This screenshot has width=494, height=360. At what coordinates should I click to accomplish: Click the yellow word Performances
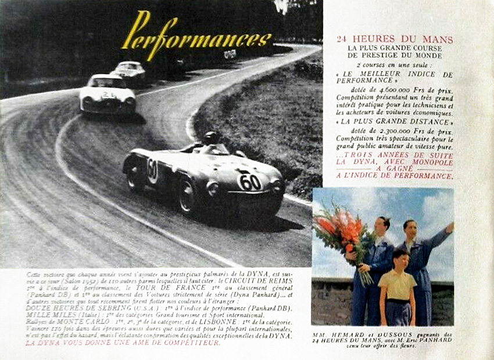[196, 37]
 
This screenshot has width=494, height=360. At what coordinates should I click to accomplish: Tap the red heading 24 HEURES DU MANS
[395, 40]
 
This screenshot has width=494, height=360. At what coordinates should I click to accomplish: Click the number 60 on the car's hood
[250, 182]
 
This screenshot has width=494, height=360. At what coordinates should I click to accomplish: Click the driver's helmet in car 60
[210, 138]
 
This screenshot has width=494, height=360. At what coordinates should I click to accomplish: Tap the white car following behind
[108, 94]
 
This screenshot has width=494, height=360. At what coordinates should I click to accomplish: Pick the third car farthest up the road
[130, 72]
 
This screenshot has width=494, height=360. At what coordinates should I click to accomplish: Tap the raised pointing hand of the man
[449, 227]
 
